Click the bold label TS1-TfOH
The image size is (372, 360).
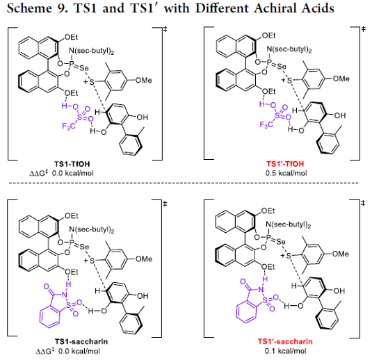72,164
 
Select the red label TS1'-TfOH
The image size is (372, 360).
285,164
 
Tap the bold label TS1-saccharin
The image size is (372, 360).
81,341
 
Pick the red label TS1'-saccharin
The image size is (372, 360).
285,341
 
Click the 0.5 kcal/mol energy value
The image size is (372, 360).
286,173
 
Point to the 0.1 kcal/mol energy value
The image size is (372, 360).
286,351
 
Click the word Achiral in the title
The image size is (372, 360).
276,8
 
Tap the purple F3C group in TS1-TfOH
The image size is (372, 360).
69,126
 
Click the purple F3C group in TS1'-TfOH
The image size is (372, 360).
266,124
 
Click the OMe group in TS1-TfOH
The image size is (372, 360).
143,81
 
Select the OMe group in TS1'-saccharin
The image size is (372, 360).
341,254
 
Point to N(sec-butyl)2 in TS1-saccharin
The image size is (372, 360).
92,230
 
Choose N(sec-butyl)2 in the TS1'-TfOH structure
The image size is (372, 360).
289,49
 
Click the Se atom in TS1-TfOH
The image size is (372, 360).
84,68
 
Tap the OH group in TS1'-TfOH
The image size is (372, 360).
340,115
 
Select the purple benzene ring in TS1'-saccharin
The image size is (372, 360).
247,312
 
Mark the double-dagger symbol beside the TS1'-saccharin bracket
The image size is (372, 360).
363,203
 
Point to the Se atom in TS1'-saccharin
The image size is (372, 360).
281,242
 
